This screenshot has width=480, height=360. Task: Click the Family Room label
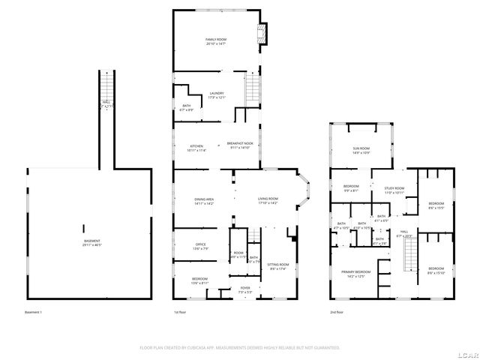point(216,41)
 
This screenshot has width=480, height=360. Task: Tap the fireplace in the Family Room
point(262,34)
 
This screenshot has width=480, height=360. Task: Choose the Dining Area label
point(205,201)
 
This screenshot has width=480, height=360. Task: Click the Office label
point(201,246)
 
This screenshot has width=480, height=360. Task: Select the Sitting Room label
point(278,266)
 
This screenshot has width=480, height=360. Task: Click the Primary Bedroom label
point(356,273)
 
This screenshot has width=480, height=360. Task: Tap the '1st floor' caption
point(179,311)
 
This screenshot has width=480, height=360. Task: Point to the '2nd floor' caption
point(337,311)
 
